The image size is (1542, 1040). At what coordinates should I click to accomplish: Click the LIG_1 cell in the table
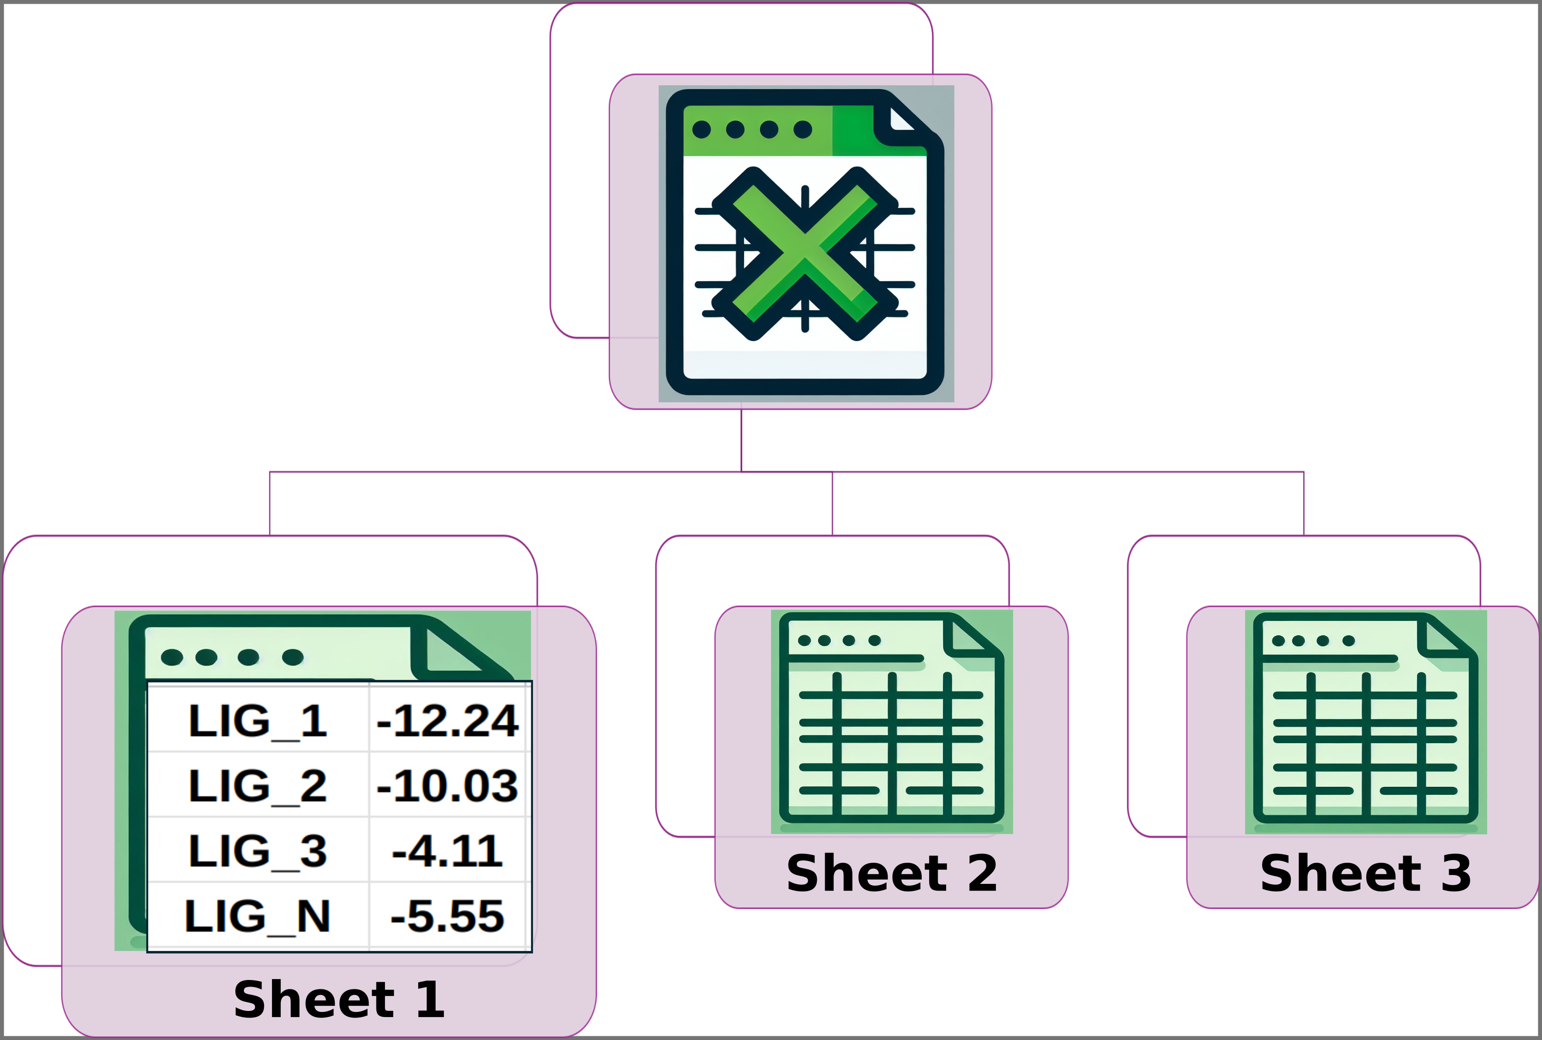point(257,721)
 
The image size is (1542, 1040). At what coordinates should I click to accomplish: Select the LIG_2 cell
point(257,786)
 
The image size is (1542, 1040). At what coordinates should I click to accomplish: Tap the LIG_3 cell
point(257,851)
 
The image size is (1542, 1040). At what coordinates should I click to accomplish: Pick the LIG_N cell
point(257,916)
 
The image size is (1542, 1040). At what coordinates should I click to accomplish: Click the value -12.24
point(447,721)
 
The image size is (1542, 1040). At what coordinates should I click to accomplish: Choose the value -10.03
point(447,786)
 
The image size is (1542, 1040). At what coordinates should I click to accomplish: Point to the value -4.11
point(447,851)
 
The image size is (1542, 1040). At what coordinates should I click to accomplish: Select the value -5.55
point(447,916)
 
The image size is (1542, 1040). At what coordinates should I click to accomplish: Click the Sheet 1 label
point(339,1000)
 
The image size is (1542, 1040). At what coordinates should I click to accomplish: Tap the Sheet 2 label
point(891,874)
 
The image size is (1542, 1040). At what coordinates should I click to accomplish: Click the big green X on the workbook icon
point(805,253)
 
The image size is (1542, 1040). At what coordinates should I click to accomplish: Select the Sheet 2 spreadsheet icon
point(891,722)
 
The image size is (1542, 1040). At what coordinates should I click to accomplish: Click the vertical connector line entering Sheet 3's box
point(1303,504)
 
